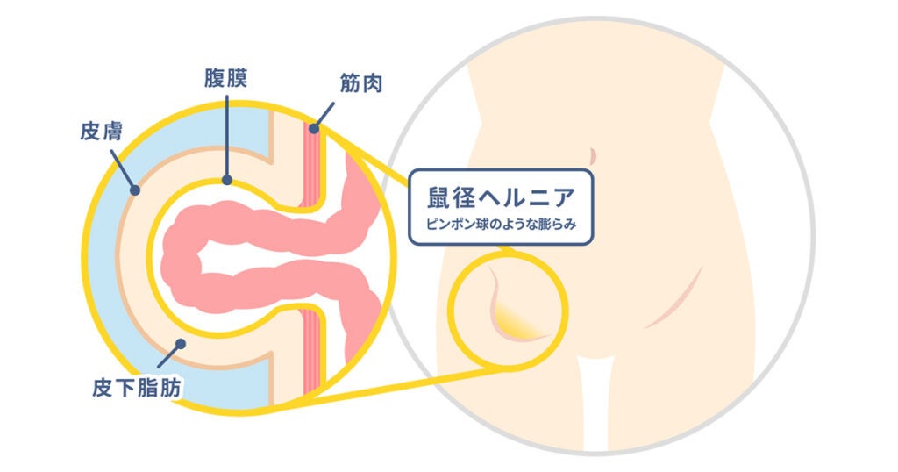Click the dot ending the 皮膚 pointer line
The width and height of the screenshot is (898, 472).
coord(135,189)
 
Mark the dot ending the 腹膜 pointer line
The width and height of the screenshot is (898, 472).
coord(227,182)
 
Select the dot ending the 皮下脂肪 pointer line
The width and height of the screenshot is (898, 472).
coord(179,344)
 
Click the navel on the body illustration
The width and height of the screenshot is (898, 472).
coord(594,156)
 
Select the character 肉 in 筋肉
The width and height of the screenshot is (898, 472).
coord(372,86)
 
